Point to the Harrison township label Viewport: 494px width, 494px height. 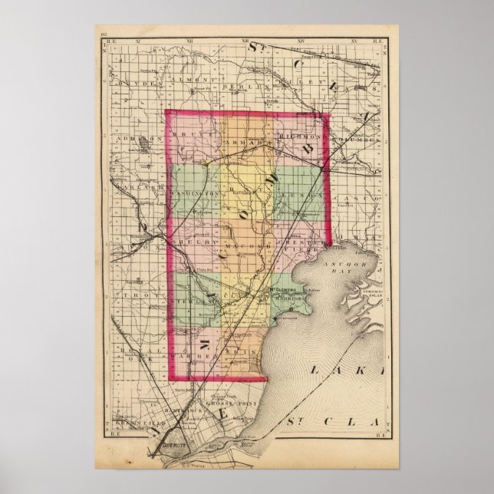(x=288, y=298)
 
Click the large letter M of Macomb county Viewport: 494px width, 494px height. (x=205, y=338)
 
